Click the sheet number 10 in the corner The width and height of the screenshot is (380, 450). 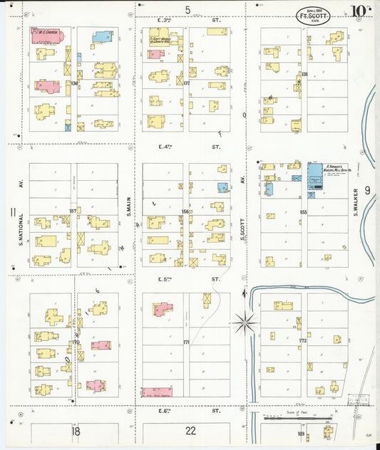[359, 11]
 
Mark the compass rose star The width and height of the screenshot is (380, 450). [245, 323]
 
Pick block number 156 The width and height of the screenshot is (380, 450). [185, 211]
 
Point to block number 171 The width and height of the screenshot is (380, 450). [186, 342]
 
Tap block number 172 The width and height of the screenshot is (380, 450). [302, 341]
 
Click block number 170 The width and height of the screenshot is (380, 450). [76, 342]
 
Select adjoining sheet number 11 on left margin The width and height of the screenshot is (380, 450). [12, 212]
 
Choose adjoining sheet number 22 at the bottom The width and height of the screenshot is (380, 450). [190, 430]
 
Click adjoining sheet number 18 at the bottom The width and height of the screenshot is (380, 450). [76, 430]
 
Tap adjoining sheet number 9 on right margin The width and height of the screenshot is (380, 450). [367, 190]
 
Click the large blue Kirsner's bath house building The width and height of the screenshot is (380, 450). [315, 175]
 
